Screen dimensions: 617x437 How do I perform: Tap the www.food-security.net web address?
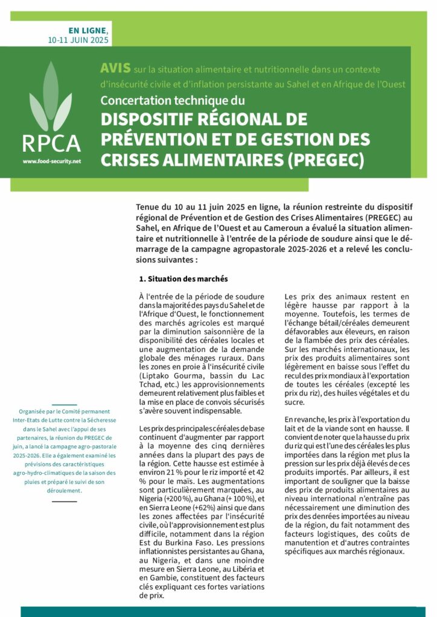pyautogui.click(x=51, y=161)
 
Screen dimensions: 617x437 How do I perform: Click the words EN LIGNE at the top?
pyautogui.click(x=88, y=30)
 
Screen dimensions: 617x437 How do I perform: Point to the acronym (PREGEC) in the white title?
pyautogui.click(x=329, y=160)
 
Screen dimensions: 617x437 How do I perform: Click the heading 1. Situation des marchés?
pyautogui.click(x=183, y=279)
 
